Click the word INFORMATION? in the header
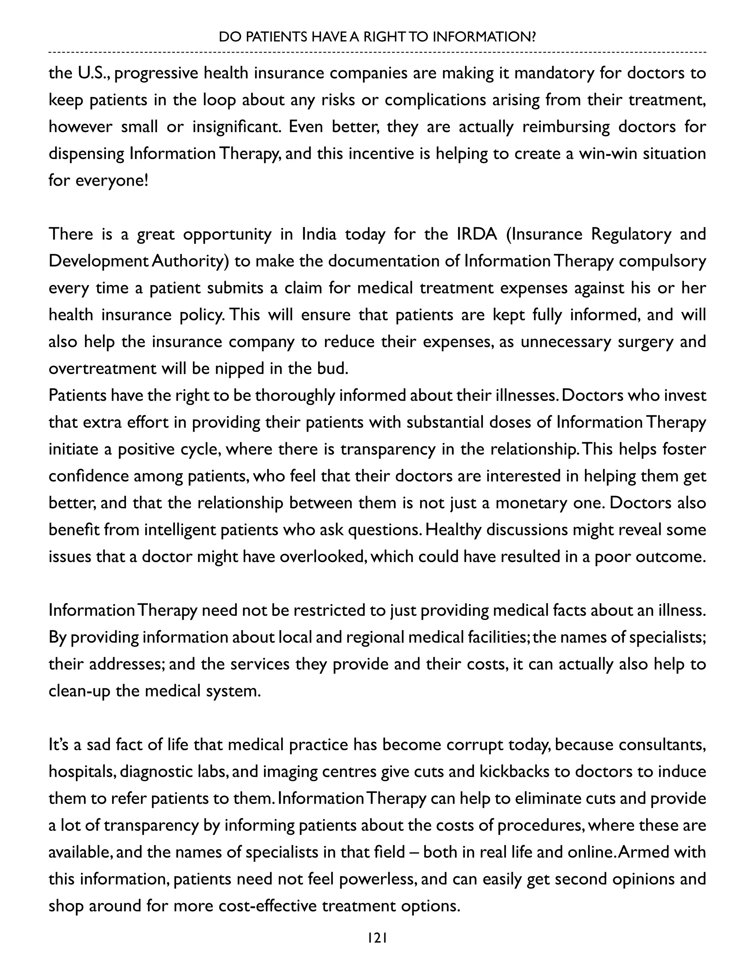pos(484,37)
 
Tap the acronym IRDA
pos(477,234)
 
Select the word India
pos(319,234)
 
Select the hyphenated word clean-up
pos(79,691)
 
